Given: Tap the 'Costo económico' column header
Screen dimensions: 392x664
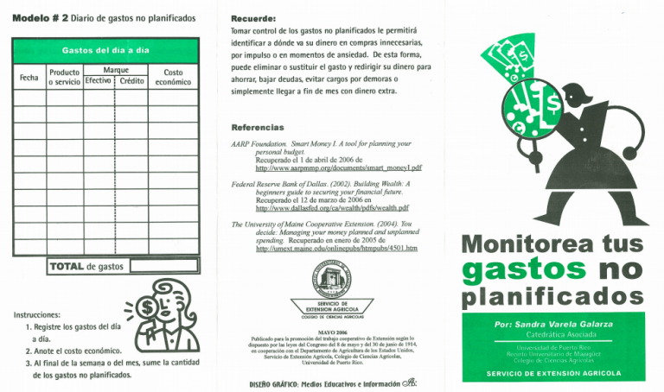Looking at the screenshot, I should pyautogui.click(x=166, y=76).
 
